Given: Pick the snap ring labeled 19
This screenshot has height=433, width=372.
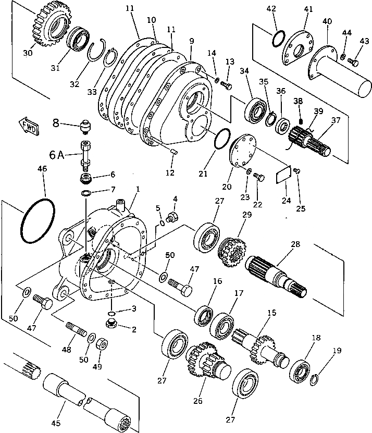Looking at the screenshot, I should click(x=314, y=379).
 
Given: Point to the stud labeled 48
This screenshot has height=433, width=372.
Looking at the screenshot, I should click(x=77, y=330).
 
